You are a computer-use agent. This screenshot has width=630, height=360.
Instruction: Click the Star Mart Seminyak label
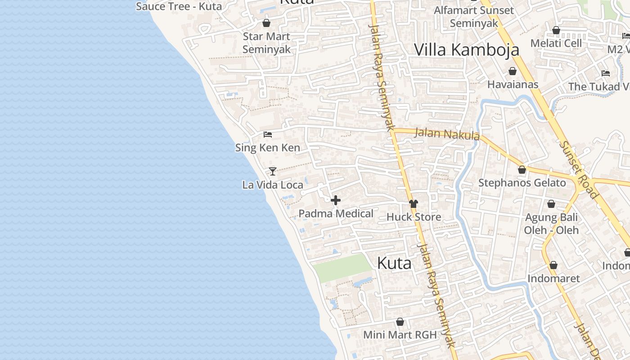[266, 43]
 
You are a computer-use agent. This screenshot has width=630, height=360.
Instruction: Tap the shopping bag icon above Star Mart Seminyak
[266, 23]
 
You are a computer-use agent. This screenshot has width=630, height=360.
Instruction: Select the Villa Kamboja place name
[467, 50]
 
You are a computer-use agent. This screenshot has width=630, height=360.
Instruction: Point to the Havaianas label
[513, 84]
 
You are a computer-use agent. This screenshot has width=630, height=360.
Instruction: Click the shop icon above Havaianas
[513, 71]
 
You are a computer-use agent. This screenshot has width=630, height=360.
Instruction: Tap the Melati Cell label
[556, 43]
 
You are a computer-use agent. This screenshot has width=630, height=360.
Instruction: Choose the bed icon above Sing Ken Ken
[268, 134]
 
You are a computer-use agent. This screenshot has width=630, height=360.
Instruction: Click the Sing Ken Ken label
[268, 148]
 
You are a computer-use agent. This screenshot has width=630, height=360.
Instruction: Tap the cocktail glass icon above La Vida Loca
[272, 171]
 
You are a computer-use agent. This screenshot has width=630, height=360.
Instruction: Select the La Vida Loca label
[273, 185]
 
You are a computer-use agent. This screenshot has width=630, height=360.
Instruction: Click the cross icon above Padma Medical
[336, 200]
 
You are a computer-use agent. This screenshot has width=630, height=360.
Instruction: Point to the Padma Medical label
[336, 214]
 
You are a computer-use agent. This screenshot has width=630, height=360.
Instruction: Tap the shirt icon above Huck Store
[414, 204]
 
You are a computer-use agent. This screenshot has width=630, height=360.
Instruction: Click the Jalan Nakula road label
[446, 134]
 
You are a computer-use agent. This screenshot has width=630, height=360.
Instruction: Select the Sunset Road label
[578, 170]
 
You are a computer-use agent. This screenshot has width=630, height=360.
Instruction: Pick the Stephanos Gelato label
[522, 183]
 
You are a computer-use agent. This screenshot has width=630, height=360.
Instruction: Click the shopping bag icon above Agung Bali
[551, 204]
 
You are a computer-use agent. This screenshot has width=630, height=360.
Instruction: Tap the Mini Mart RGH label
[400, 335]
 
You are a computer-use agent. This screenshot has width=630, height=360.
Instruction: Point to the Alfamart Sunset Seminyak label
[474, 17]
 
